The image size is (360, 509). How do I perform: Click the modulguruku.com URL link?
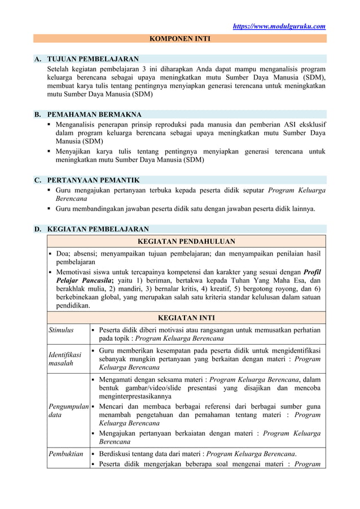[x=280, y=26]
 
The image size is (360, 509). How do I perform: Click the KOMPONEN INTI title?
[x=179, y=39]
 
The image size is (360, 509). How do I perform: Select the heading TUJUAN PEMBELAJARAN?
[x=93, y=59]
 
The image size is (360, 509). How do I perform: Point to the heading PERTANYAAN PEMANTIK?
[x=93, y=180]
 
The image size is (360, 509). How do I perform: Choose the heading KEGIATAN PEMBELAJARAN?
[x=98, y=229]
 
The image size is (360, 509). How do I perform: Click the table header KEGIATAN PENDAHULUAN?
[x=186, y=242]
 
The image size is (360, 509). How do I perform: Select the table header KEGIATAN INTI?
[x=186, y=318]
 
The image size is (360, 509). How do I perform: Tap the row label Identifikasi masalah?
[x=65, y=359]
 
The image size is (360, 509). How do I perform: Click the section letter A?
[x=37, y=59]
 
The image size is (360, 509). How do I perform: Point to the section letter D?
[x=37, y=229]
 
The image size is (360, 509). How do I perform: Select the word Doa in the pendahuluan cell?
[x=63, y=253]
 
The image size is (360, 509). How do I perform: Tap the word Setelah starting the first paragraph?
[x=60, y=69]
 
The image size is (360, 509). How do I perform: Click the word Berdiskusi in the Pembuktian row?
[x=117, y=454]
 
